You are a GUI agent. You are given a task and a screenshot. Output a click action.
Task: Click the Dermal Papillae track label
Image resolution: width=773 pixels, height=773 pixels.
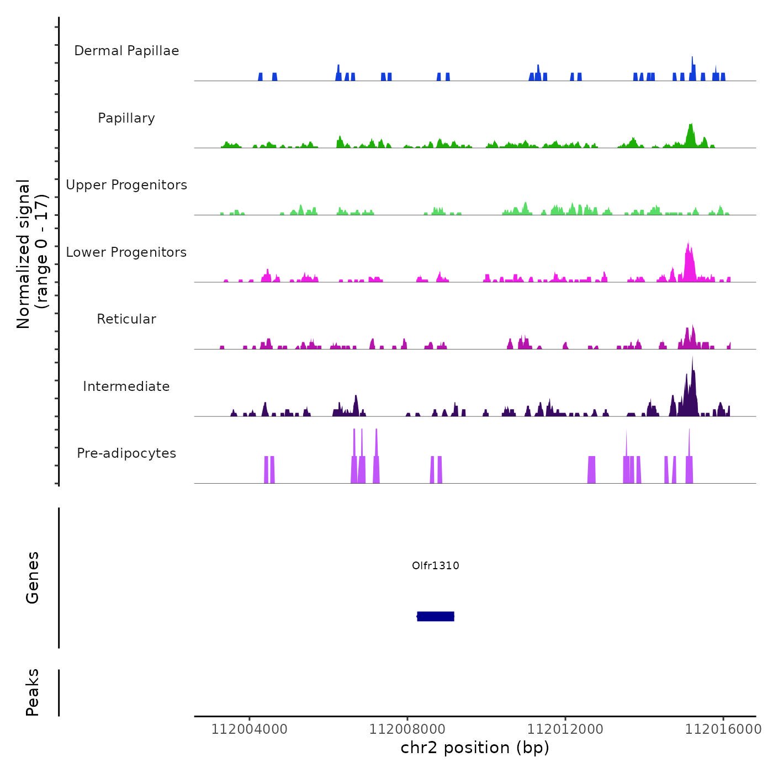[126, 51]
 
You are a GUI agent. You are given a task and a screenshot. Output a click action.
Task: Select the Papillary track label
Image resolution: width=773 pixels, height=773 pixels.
[126, 118]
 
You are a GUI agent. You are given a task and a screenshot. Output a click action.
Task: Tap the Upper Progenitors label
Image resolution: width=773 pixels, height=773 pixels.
[126, 185]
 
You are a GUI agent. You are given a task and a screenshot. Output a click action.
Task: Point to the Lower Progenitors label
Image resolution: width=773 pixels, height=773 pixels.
[126, 252]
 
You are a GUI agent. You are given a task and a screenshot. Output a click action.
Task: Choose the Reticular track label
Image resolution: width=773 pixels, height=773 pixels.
[126, 319]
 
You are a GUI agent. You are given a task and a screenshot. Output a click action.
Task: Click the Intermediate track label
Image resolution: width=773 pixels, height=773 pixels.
[126, 386]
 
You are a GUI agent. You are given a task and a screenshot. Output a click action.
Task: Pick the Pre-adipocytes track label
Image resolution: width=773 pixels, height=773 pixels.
[126, 453]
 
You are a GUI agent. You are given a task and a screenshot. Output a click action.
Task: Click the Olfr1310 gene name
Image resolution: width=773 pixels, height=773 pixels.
[436, 565]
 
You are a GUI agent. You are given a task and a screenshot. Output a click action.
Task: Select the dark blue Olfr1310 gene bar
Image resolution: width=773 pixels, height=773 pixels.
[436, 616]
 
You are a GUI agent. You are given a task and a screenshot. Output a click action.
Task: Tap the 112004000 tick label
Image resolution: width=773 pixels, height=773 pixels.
[250, 729]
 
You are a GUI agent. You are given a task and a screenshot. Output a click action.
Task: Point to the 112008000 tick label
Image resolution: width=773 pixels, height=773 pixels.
[407, 729]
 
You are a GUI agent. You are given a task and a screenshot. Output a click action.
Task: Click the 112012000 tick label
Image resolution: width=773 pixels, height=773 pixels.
[565, 729]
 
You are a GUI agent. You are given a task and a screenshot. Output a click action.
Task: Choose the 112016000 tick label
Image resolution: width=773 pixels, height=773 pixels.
[723, 729]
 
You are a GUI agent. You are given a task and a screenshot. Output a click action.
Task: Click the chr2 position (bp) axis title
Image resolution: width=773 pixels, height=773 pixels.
[475, 748]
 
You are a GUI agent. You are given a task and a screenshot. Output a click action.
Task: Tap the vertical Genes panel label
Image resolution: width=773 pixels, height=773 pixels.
[33, 578]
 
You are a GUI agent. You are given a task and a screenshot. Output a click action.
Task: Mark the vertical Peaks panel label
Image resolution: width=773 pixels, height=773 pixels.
[33, 692]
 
